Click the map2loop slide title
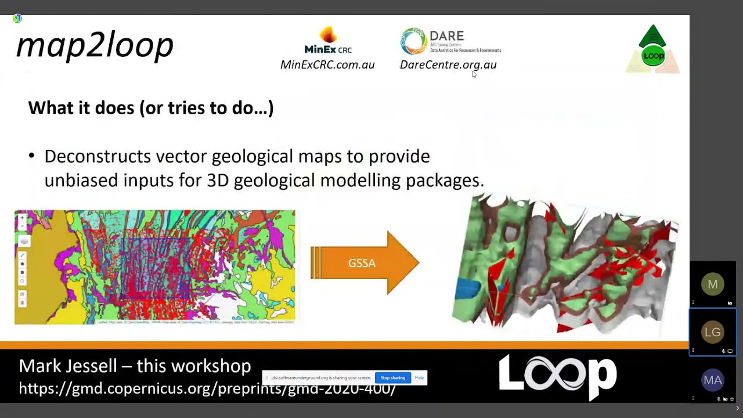pos(95,46)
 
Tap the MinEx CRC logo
pos(328,40)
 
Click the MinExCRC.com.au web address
pos(327,64)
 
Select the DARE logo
pos(450,41)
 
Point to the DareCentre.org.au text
pos(448,64)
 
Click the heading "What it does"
pos(150,107)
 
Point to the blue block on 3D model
pos(468,289)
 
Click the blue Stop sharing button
pos(393,378)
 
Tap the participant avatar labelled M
pos(712,284)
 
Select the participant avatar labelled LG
pos(712,332)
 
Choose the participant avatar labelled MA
pos(712,380)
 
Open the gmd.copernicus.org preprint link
pos(207,388)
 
